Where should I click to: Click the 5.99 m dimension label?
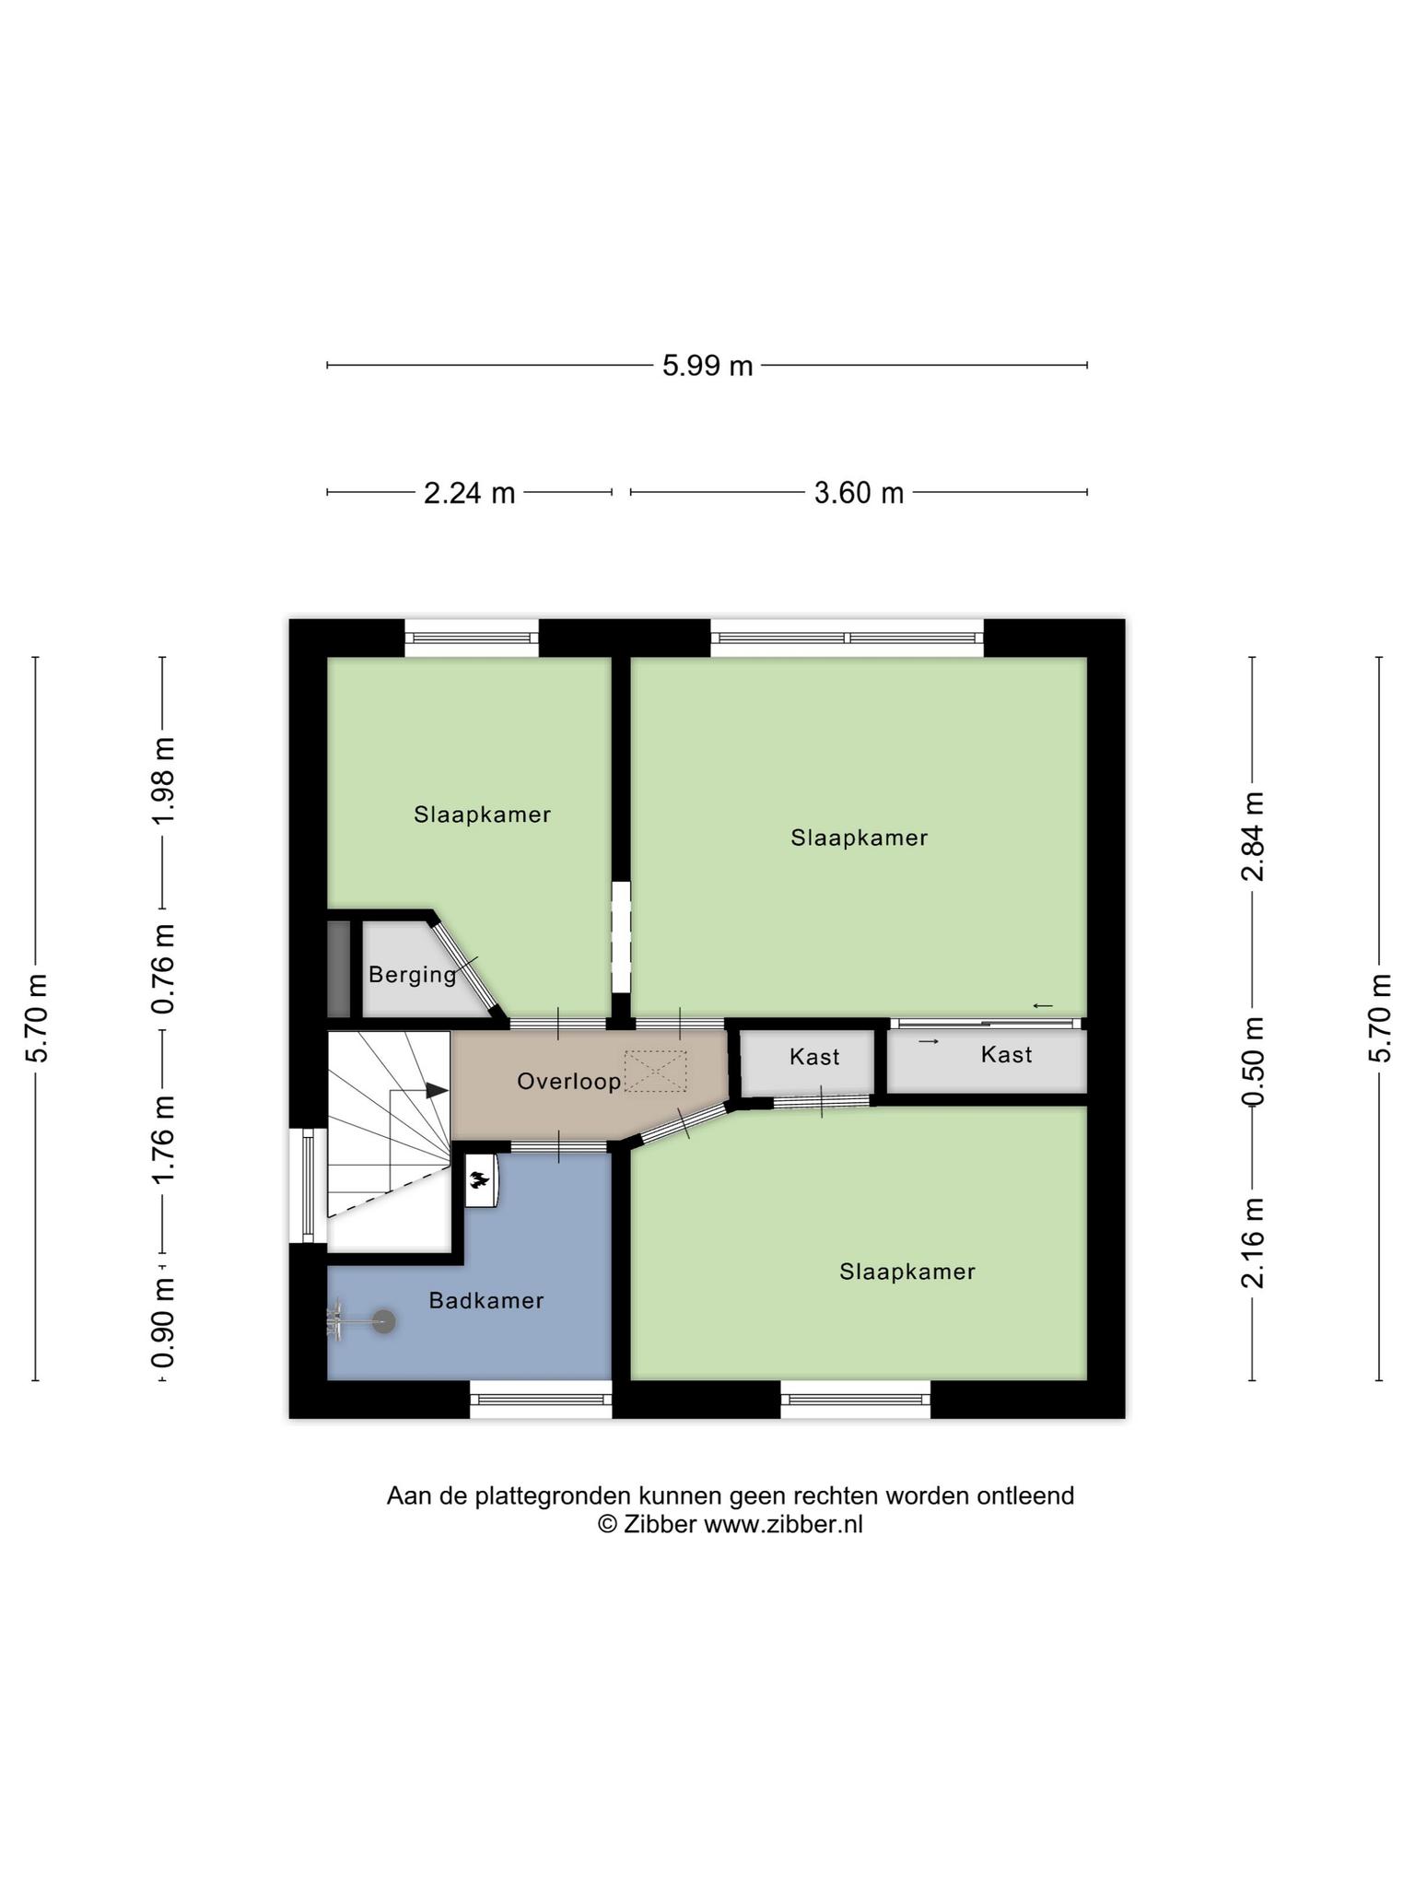coord(707,366)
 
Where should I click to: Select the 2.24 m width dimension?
coord(469,493)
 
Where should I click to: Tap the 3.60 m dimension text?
coord(859,493)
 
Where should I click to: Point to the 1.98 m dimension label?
coord(163,781)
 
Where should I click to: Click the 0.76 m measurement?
coord(163,969)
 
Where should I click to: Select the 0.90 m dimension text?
coord(163,1324)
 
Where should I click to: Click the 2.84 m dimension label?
coord(1253,836)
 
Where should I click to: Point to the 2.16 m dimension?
coord(1253,1242)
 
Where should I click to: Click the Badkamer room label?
coord(486,1300)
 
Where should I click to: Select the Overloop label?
coord(569,1082)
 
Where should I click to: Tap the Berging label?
coord(413,975)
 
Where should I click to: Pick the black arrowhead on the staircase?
coord(438,1090)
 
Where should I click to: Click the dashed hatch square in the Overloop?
coord(656,1072)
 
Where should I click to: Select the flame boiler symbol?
coord(480,1179)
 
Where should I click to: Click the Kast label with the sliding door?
coord(1006,1054)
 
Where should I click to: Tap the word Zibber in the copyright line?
coord(660,1524)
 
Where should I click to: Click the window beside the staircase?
coord(308,1185)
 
